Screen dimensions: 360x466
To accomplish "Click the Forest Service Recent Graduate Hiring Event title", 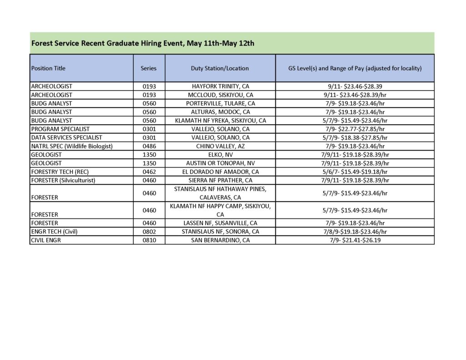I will [142, 44].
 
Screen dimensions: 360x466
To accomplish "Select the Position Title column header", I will [48, 68].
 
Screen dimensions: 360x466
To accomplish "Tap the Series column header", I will [148, 68].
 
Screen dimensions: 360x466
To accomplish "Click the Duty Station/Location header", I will [220, 68].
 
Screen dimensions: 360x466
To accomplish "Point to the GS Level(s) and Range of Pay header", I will [355, 68].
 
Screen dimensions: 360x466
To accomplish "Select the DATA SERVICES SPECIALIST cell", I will [66, 137].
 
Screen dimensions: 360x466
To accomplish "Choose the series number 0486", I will [149, 146].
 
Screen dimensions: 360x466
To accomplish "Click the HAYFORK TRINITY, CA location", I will [220, 86].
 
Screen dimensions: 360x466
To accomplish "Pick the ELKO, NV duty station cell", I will [220, 154].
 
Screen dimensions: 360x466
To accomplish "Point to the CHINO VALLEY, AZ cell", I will [220, 146].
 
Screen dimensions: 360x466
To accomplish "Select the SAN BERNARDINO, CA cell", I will [220, 240].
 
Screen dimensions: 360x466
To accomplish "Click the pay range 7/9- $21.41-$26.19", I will [355, 240].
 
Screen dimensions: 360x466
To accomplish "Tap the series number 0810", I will [149, 240].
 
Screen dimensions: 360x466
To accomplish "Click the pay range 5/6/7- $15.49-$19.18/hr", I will [355, 172].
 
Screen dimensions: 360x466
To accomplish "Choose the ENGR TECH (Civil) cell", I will [54, 231].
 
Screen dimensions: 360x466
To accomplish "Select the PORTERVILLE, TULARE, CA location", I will [220, 103].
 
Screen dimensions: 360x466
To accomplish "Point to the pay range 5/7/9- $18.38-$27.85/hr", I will [355, 137].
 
